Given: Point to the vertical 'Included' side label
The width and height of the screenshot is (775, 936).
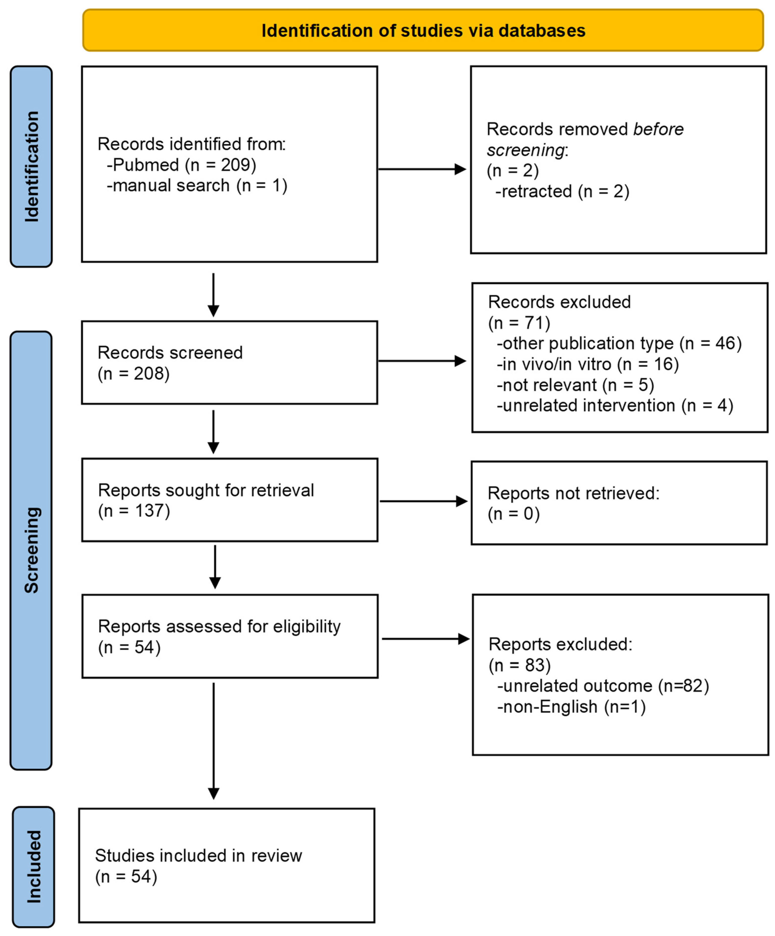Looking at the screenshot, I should point(34,866).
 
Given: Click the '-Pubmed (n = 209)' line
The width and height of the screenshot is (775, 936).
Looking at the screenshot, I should point(181,165).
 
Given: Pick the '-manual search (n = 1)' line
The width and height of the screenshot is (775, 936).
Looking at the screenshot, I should point(197,185).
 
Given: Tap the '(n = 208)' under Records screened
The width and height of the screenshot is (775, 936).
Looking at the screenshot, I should point(134,374).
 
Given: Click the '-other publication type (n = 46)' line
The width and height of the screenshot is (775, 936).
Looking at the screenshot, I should point(619,343).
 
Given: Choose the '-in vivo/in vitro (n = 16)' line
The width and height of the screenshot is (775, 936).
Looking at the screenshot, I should point(587,364).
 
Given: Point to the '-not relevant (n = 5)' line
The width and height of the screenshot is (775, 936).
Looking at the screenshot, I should point(575,385).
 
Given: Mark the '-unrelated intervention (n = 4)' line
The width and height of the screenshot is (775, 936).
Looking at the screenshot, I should point(615,405).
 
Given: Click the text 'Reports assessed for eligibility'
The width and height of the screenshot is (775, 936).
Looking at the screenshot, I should point(219,626).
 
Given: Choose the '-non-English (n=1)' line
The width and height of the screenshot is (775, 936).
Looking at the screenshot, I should point(571,707).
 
